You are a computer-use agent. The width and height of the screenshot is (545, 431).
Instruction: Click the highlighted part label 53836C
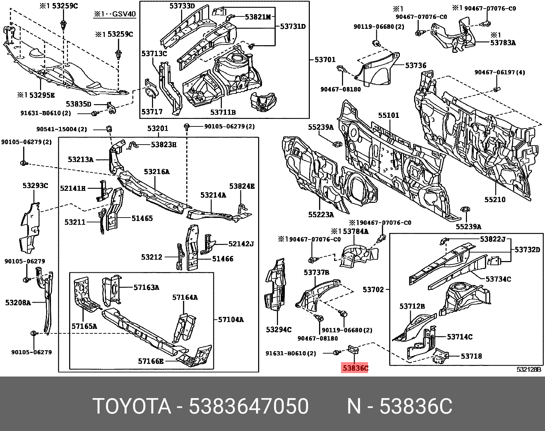click(355, 368)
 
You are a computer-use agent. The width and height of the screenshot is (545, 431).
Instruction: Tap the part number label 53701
click(325, 60)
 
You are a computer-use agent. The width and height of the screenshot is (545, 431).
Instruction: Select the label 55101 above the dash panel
click(389, 115)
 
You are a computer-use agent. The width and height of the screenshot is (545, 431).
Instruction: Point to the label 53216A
click(156, 172)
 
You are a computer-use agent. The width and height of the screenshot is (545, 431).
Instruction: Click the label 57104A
click(231, 319)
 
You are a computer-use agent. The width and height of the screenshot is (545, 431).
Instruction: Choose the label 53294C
click(279, 330)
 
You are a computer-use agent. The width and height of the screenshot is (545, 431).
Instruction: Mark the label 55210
click(495, 199)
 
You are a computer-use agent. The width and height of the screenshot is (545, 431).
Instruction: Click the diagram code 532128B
click(529, 369)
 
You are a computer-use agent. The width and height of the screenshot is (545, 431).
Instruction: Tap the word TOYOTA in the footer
click(132, 406)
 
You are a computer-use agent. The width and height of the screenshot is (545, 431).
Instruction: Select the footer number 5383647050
click(249, 406)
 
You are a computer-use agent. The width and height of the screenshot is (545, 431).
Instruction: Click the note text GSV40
click(124, 14)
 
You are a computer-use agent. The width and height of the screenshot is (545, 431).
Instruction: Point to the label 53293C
click(35, 186)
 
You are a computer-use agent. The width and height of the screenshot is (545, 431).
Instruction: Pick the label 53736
click(416, 65)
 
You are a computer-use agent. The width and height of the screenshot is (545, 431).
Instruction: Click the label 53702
click(373, 290)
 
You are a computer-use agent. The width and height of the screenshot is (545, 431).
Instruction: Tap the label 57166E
click(151, 361)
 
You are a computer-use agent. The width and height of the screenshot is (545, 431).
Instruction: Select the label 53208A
click(18, 303)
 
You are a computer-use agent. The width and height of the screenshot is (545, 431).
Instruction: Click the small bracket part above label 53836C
click(353, 350)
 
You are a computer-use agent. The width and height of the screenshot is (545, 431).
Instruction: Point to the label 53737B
click(316, 272)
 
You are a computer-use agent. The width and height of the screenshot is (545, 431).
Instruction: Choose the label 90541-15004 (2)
click(62, 129)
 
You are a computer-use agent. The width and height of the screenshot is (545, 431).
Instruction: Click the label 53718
click(471, 356)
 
